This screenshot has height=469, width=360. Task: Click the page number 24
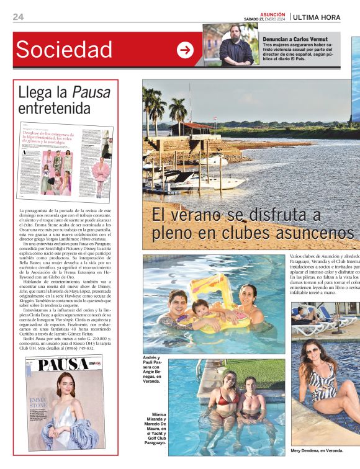[18, 17]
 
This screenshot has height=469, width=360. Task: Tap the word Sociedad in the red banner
[64, 49]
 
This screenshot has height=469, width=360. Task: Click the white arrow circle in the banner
[185, 50]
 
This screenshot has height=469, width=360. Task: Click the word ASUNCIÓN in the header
[272, 14]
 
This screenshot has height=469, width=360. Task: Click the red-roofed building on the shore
[192, 127]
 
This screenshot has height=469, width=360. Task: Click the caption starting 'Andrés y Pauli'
[153, 370]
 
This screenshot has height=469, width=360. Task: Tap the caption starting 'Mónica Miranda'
[153, 429]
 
